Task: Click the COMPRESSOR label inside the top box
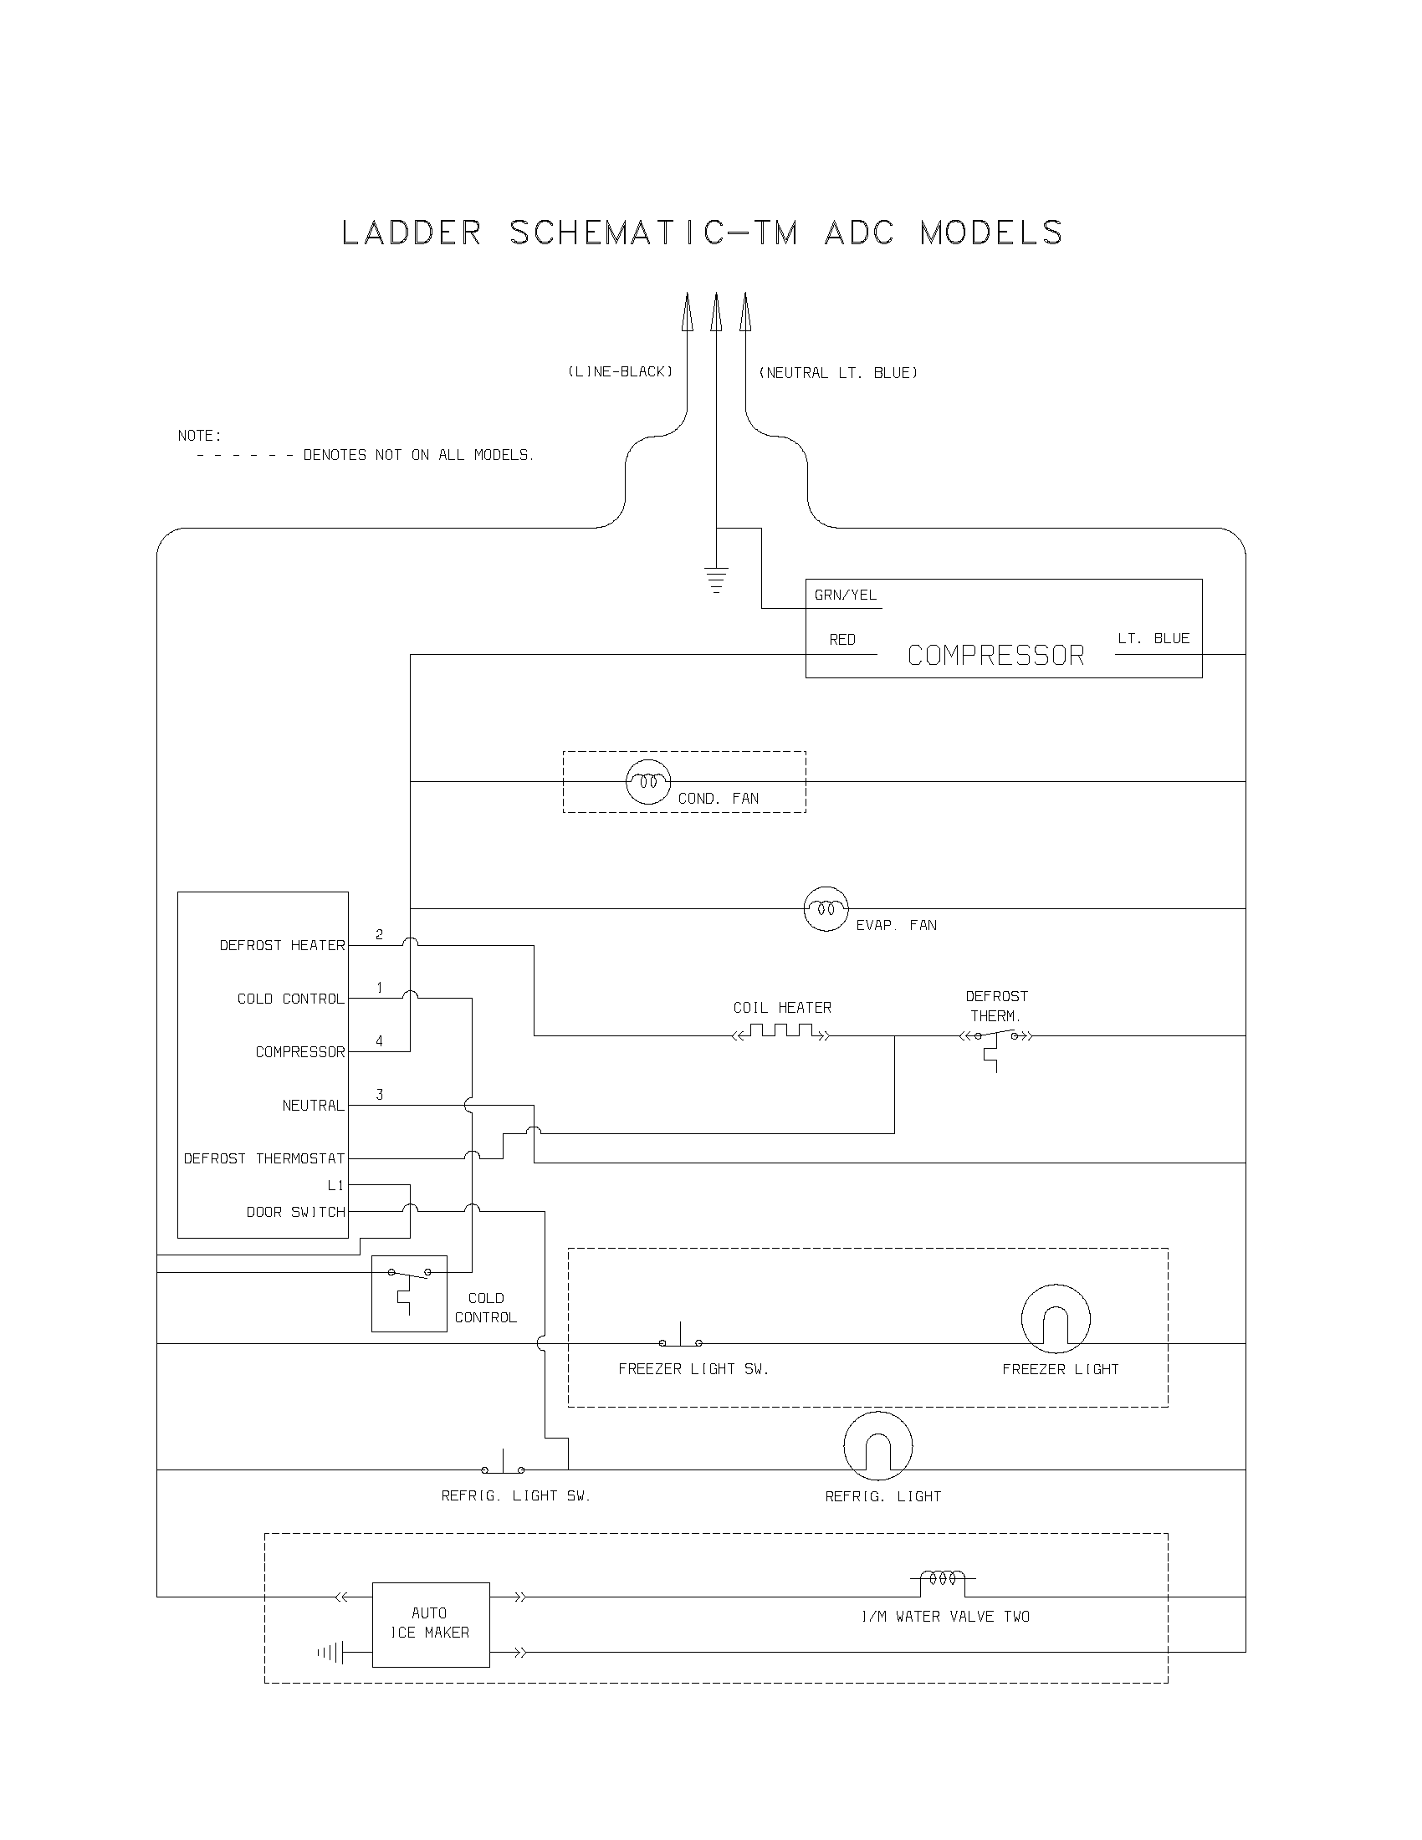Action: pos(995,656)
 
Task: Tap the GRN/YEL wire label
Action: pos(845,595)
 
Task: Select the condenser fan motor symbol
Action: pos(647,781)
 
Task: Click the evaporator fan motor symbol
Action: pos(826,908)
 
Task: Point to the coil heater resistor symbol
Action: pos(781,1032)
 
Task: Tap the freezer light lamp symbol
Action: pos(1056,1319)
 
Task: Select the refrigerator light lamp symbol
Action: pos(877,1447)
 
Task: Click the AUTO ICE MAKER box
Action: pos(431,1624)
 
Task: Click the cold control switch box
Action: pos(408,1293)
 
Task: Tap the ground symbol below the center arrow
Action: pos(716,580)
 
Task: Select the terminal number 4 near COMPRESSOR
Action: pos(379,1041)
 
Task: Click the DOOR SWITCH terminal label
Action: pos(295,1213)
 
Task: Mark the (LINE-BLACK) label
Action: pos(620,371)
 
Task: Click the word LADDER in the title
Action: pos(411,233)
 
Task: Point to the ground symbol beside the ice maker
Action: pos(331,1653)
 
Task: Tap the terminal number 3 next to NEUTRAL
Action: pos(380,1095)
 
